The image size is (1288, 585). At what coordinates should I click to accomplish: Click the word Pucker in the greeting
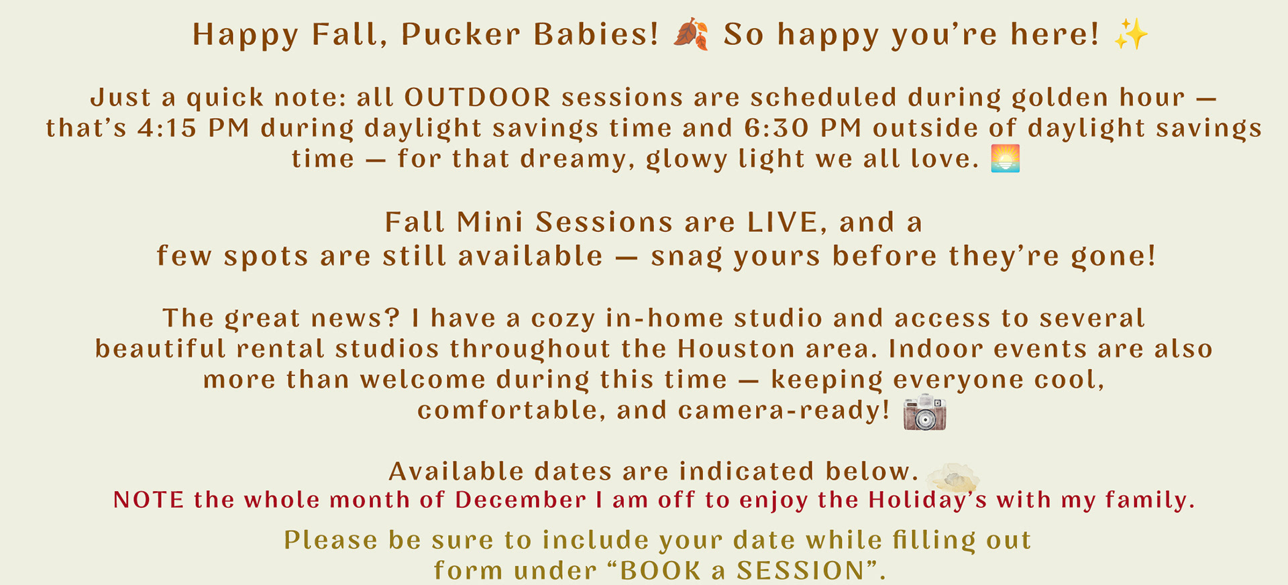tap(460, 35)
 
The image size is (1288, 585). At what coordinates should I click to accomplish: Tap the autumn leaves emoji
tap(691, 34)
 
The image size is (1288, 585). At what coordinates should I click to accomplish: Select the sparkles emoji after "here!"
tap(1131, 34)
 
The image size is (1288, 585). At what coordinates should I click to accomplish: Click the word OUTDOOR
tap(478, 98)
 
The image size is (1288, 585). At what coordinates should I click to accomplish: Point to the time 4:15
tap(167, 128)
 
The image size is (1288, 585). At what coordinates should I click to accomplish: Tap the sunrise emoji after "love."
tap(1005, 159)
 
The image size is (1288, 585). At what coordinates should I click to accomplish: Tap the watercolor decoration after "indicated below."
tap(952, 477)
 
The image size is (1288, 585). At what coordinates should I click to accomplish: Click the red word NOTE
tap(148, 500)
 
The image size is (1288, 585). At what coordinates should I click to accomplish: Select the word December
tap(521, 500)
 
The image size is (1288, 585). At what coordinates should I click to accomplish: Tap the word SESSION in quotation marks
tap(800, 571)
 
